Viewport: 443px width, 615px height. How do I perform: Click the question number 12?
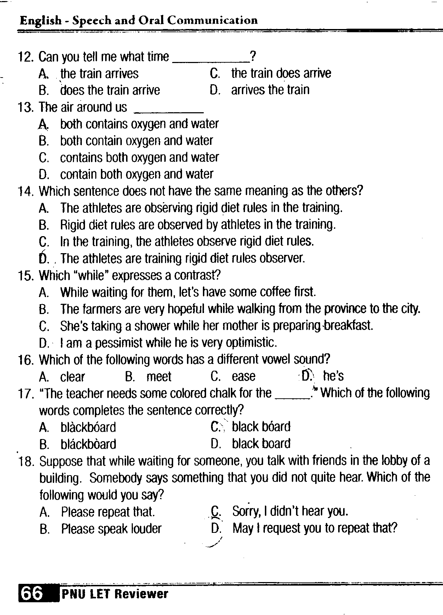pos(25,57)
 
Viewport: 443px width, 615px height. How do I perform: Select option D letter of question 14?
pos(44,258)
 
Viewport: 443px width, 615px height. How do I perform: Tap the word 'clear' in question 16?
pos(73,376)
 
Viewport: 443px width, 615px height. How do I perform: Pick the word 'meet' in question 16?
pos(159,376)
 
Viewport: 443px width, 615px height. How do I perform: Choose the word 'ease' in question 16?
pos(244,376)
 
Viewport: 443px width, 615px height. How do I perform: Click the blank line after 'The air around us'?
pos(169,112)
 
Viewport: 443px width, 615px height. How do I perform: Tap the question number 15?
pos(25,275)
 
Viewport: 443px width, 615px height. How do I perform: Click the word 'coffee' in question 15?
pos(275,292)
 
